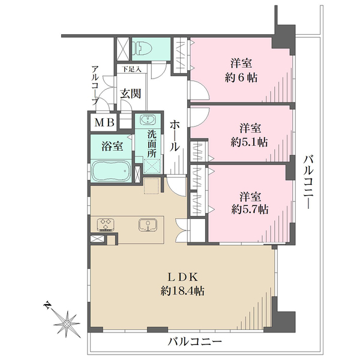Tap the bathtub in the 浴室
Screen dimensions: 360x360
(111, 171)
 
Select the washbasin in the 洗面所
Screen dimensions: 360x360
(148, 120)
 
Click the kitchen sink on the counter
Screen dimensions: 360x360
(148, 225)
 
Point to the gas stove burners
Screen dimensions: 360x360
(106, 224)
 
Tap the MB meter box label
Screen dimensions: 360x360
(104, 122)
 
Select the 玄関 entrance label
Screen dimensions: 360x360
(131, 94)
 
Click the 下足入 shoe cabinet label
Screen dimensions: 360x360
(131, 69)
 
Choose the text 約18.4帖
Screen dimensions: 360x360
(182, 291)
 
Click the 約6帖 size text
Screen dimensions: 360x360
(241, 78)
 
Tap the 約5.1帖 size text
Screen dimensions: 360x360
(249, 142)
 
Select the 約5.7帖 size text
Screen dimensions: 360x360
(250, 209)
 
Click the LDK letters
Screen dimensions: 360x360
(182, 277)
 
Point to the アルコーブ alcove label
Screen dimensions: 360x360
(95, 85)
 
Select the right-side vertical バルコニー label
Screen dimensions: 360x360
(308, 182)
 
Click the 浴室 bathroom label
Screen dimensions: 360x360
(113, 146)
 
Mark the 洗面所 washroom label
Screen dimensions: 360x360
(152, 144)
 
